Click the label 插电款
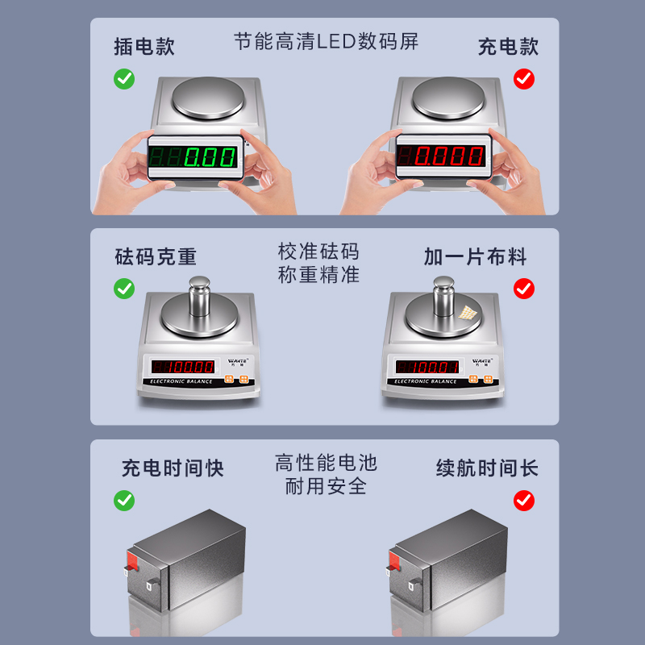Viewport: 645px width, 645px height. click(144, 47)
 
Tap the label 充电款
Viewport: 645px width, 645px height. click(508, 47)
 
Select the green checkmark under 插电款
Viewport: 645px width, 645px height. click(124, 79)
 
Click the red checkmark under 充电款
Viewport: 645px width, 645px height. click(524, 79)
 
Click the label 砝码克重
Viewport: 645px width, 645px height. click(156, 257)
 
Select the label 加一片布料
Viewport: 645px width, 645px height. click(475, 257)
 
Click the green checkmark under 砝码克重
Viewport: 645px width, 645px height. click(124, 288)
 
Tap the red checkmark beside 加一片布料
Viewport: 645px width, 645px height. click(524, 288)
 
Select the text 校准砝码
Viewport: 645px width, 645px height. click(318, 252)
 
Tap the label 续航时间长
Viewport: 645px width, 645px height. click(487, 468)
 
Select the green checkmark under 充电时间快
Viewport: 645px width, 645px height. click(124, 501)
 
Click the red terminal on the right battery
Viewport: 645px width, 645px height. click(394, 557)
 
